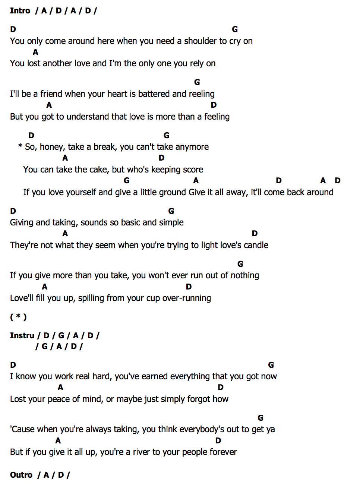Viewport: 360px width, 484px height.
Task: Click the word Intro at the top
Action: [20, 10]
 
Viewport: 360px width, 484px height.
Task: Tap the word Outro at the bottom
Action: [21, 475]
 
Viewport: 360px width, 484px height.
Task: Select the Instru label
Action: [22, 335]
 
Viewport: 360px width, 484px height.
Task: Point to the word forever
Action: [223, 452]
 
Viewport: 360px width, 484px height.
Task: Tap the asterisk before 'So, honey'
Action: [20, 146]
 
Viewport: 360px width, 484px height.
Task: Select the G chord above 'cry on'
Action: [235, 29]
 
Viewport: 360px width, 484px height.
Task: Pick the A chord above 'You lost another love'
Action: [35, 52]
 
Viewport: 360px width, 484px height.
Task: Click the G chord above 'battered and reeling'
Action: [197, 82]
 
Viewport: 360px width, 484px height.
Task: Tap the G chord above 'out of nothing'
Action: [240, 264]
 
